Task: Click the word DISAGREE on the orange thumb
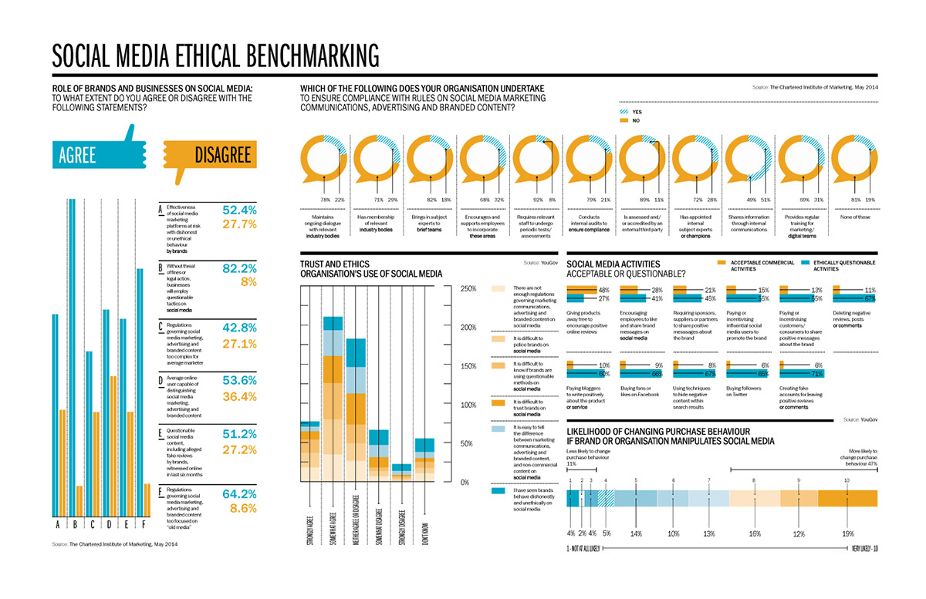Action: pyautogui.click(x=223, y=156)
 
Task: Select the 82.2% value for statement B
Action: pyautogui.click(x=238, y=268)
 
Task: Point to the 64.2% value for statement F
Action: pyautogui.click(x=238, y=493)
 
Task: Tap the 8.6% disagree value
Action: pyautogui.click(x=243, y=509)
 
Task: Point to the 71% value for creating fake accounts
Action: pyautogui.click(x=817, y=374)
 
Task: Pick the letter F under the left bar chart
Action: pyautogui.click(x=146, y=526)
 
